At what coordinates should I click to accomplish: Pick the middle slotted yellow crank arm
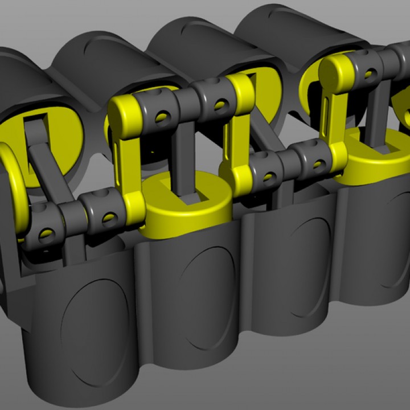[x=239, y=125]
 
